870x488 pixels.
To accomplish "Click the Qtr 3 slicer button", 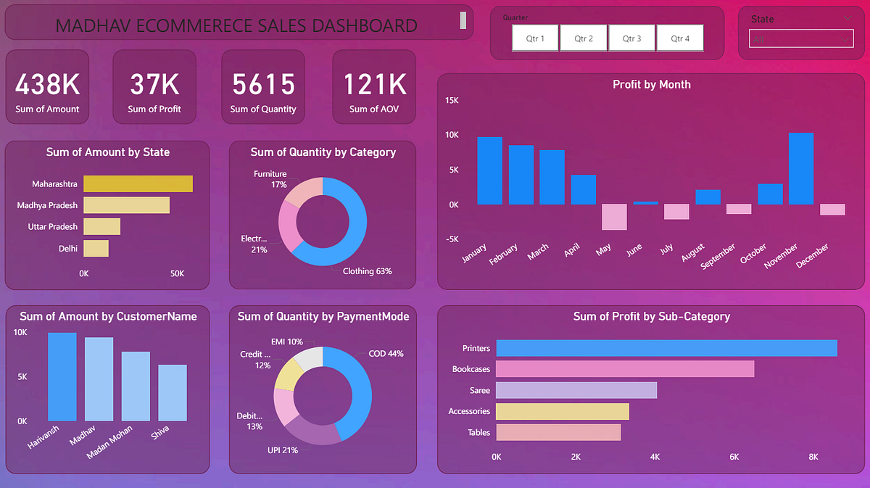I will (631, 38).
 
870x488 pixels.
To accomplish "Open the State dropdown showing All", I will (802, 39).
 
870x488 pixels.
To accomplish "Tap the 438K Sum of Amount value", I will (47, 85).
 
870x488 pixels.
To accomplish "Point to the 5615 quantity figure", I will (263, 85).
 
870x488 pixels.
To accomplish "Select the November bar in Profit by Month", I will (800, 169).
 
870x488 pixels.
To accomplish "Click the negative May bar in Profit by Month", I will (613, 217).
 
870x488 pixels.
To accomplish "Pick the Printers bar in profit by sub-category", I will (666, 348).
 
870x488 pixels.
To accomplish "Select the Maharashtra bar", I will (138, 184).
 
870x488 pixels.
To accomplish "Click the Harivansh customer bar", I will (62, 377).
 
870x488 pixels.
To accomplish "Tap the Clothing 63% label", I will (367, 271).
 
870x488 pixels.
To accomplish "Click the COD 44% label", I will (386, 354).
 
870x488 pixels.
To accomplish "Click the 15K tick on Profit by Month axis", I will (452, 100).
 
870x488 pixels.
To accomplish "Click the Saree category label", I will (479, 390).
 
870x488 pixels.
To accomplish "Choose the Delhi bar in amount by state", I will (96, 249).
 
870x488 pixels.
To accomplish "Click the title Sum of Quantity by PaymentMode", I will (323, 316).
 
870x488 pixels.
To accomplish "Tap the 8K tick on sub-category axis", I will (813, 457).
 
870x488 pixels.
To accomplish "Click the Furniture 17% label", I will (270, 179).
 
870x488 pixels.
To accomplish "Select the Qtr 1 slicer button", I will (536, 38).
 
